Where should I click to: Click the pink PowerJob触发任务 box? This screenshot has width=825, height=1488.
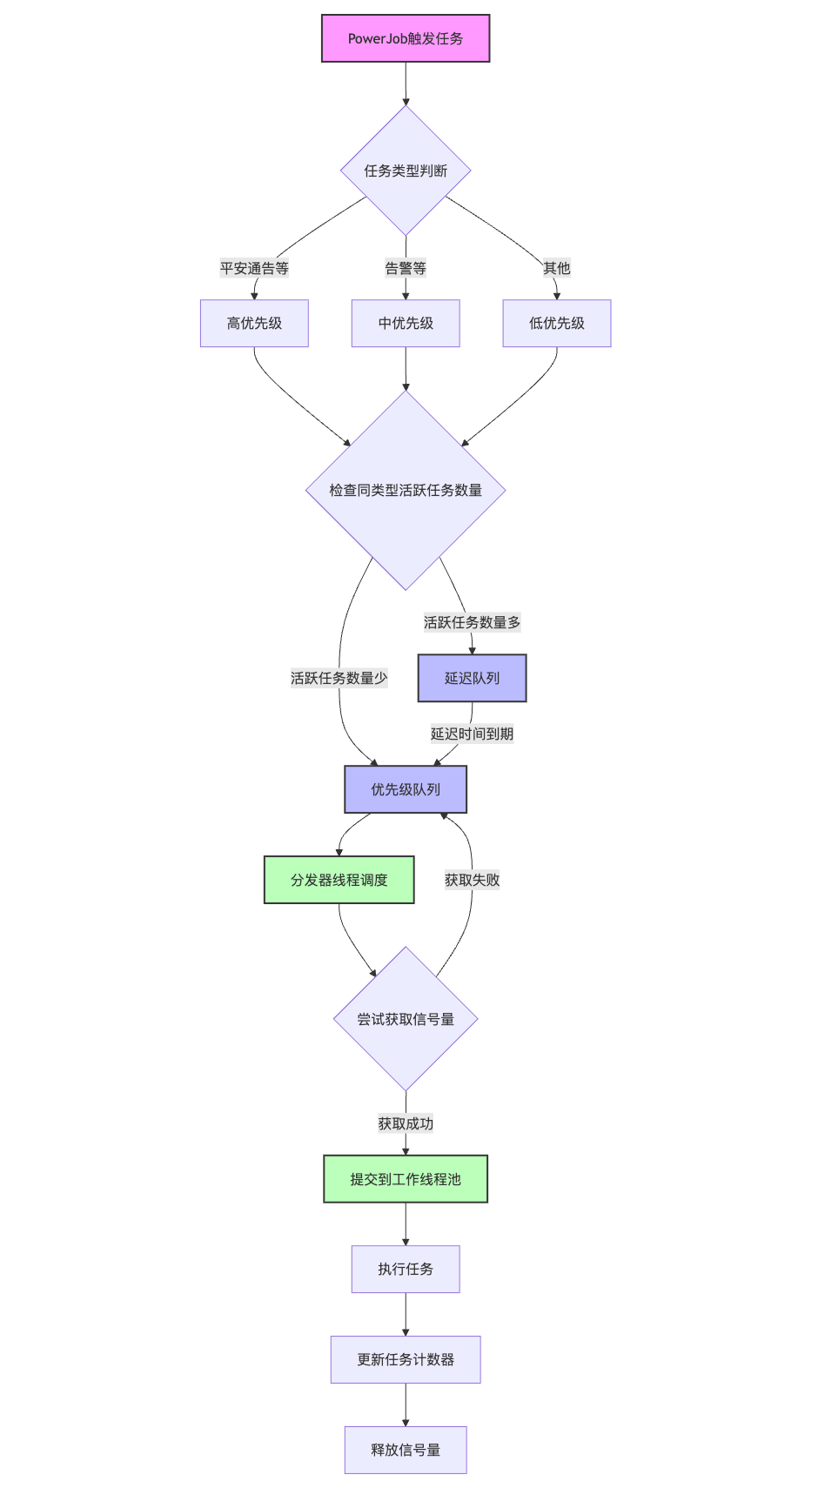(406, 38)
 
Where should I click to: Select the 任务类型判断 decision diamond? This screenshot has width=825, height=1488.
(406, 171)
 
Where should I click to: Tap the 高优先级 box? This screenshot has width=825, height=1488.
(254, 324)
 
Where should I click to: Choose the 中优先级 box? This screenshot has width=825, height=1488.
(406, 324)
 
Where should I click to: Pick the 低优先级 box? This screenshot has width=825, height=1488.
(557, 324)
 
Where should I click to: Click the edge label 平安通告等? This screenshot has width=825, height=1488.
(254, 268)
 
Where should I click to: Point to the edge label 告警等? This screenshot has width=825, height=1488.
(406, 268)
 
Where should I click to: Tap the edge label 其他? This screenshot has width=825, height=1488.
(557, 268)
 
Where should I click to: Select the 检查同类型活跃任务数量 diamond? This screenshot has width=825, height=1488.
(406, 490)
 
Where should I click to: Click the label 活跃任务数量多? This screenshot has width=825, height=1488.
(472, 622)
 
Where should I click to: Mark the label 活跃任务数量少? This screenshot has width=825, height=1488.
(339, 678)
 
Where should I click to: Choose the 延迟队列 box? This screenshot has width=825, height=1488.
(472, 678)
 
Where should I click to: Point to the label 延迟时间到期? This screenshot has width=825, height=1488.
(472, 734)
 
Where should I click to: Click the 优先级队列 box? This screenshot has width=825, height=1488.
(406, 789)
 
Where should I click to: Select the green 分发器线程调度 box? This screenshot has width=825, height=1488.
(339, 880)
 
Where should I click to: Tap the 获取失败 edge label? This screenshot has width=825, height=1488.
(472, 880)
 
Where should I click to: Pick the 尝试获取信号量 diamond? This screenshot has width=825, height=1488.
(406, 1019)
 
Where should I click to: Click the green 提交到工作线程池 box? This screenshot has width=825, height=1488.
(406, 1179)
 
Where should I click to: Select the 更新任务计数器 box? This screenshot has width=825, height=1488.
(406, 1359)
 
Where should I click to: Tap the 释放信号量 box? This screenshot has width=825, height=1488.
(406, 1450)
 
